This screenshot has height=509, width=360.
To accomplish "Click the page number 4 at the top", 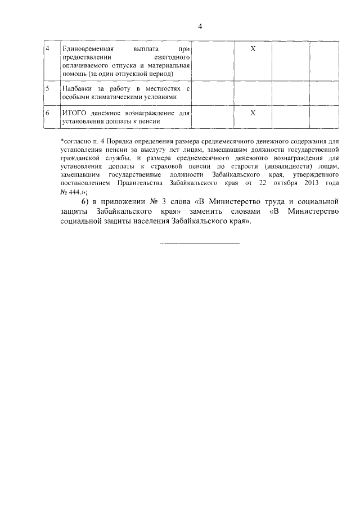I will [200, 27].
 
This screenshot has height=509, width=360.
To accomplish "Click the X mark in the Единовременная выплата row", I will [253, 49].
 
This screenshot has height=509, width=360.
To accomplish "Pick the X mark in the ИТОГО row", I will [253, 113].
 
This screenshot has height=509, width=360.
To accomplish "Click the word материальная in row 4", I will [170, 65].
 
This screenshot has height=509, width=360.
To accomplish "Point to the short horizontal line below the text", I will [200, 243].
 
